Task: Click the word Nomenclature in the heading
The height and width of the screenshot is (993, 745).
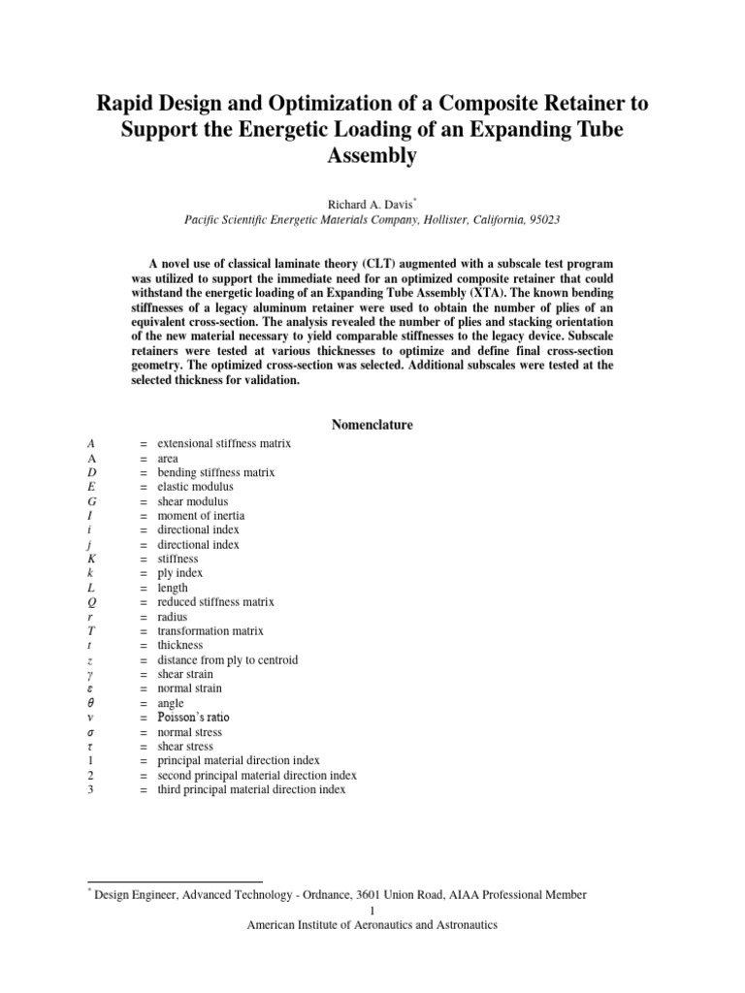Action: pyautogui.click(x=372, y=425)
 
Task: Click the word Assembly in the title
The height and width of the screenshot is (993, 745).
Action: pyautogui.click(x=372, y=155)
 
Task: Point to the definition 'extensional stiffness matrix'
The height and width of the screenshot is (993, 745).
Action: pyautogui.click(x=224, y=443)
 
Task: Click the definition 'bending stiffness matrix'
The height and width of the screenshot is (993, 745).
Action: pyautogui.click(x=216, y=472)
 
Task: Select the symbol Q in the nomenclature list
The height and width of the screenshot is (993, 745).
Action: pyautogui.click(x=90, y=602)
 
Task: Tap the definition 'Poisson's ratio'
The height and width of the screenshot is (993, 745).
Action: pyautogui.click(x=194, y=718)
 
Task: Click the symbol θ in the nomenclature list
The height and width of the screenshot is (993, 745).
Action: pyautogui.click(x=90, y=703)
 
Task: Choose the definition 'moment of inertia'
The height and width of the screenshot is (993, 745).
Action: pyautogui.click(x=201, y=516)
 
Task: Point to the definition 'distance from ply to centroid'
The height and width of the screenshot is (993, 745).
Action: pyautogui.click(x=227, y=660)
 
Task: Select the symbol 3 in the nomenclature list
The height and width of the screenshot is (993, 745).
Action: pyautogui.click(x=90, y=790)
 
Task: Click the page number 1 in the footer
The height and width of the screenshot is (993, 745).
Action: pyautogui.click(x=372, y=910)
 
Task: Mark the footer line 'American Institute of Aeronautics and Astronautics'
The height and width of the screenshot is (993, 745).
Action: pyautogui.click(x=372, y=925)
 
